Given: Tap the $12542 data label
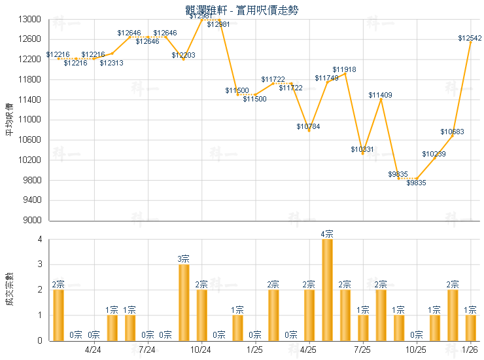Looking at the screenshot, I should point(470,39).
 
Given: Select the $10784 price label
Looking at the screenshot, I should point(308,126).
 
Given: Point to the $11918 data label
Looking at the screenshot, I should point(345,69).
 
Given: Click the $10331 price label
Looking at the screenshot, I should point(362,149).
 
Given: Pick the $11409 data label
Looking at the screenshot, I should point(380,96).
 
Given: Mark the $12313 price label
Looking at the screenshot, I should point(111,63).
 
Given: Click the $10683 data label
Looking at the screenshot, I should point(452,132).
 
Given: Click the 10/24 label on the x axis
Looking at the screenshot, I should point(201,350).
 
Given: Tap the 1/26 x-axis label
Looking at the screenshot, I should point(470,350).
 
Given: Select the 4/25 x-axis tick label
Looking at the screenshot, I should point(309,350).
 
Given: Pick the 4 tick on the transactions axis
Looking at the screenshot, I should point(40,240).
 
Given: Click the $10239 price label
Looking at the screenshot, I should point(434,154).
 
